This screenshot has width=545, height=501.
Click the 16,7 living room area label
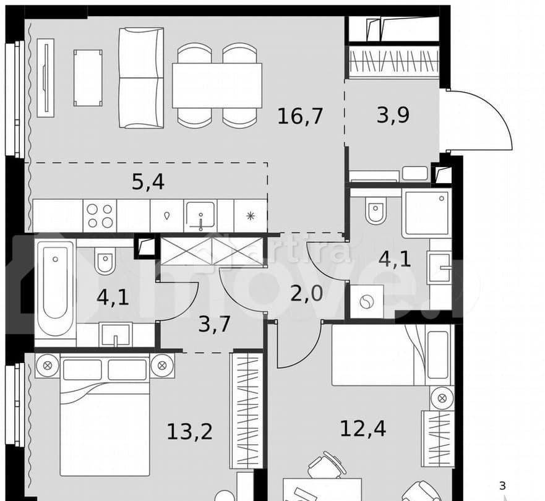[300, 116]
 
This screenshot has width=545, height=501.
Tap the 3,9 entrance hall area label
[393, 115]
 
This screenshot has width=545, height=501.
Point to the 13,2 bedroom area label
[189, 430]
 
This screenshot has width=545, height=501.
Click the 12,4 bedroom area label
[363, 427]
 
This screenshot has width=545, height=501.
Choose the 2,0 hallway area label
[307, 292]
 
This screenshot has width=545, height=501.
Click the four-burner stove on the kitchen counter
[100, 216]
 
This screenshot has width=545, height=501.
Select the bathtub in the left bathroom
[54, 287]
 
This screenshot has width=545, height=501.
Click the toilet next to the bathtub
[105, 261]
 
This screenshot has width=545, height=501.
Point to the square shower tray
[426, 213]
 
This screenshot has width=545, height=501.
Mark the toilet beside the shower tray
[375, 211]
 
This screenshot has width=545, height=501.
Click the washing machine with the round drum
[367, 302]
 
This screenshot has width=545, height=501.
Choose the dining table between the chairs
[217, 85]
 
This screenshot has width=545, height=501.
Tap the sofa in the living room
[141, 78]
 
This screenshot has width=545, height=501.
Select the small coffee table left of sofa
[87, 78]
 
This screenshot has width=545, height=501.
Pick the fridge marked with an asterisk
[250, 216]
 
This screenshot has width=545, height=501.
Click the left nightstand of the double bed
[47, 365]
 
